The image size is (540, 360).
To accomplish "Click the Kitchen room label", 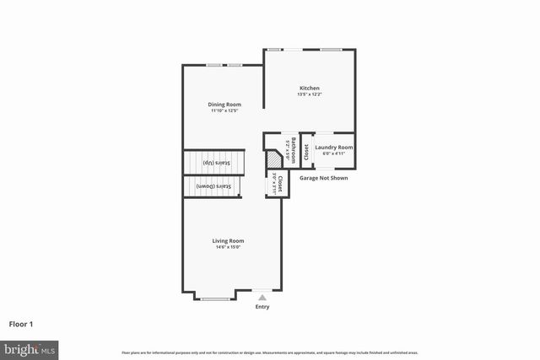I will [x=310, y=89].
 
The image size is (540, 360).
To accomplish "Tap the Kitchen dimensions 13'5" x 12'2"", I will [x=310, y=94].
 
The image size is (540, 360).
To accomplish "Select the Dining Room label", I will [x=225, y=105].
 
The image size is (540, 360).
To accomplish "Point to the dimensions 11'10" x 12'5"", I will [x=225, y=110].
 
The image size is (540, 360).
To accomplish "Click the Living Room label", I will [x=228, y=241].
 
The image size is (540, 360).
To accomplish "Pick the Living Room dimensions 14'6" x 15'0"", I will [x=228, y=247].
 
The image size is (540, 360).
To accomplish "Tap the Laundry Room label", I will [x=334, y=148].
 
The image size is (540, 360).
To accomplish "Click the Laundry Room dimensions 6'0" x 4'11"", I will [x=334, y=153].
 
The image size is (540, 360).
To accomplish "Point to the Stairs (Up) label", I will [x=214, y=161].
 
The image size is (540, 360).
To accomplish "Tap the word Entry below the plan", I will [x=262, y=307].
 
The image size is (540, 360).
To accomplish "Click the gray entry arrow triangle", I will [x=262, y=298].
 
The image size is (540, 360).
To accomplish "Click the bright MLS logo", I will [x=30, y=348].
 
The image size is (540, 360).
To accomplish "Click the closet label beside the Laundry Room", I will [x=305, y=152].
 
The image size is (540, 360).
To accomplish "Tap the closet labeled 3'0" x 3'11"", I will [x=275, y=182].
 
